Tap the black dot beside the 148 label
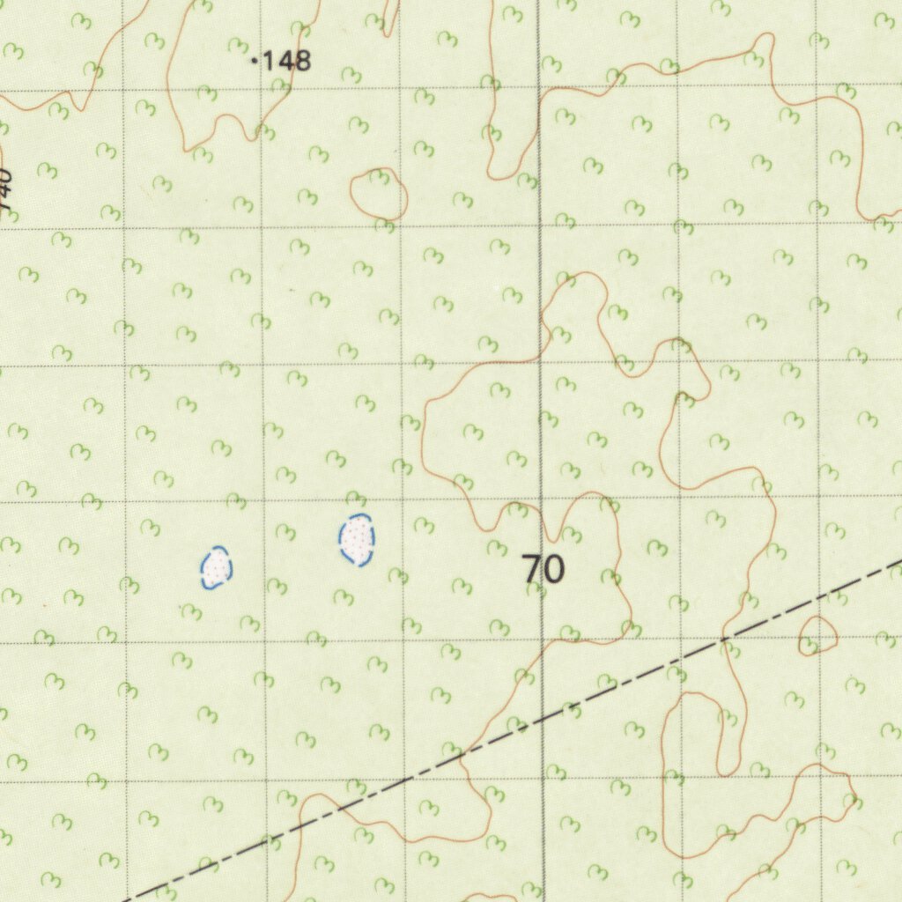pyautogui.click(x=255, y=61)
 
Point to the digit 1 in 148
pyautogui.click(x=268, y=61)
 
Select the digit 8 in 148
pyautogui.click(x=302, y=61)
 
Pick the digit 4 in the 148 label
pyautogui.click(x=284, y=61)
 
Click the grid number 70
pyautogui.click(x=543, y=570)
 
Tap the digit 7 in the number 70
pyautogui.click(x=532, y=570)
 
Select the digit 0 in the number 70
pyautogui.click(x=553, y=570)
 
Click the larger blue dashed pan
pyautogui.click(x=357, y=539)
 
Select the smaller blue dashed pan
pyautogui.click(x=216, y=567)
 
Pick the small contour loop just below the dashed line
pyautogui.click(x=817, y=635)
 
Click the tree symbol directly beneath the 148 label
pyautogui.click(x=280, y=85)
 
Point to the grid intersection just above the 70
pyautogui.click(x=541, y=502)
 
